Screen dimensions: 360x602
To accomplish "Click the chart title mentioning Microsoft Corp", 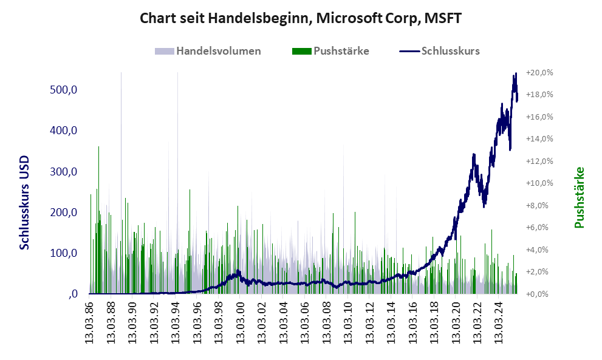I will pyautogui.click(x=301, y=18).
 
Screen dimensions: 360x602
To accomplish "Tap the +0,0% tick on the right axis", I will pyautogui.click(x=539, y=294).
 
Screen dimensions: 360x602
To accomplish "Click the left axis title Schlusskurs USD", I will pyautogui.click(x=25, y=202).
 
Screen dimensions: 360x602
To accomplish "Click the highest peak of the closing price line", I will pyautogui.click(x=516, y=74).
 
